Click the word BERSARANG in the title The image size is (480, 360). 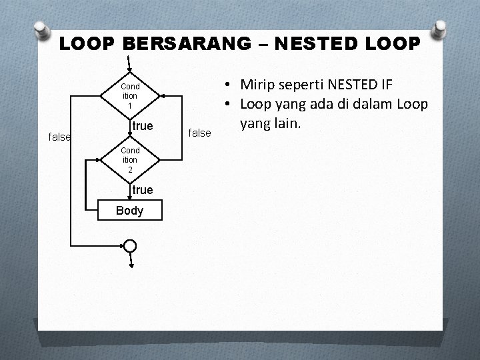183,45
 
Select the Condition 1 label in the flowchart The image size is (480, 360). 130,96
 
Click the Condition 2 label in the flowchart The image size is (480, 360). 130,160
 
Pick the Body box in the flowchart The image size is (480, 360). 129,211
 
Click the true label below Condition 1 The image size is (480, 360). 143,126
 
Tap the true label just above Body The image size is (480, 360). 143,190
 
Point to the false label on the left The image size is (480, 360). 61,137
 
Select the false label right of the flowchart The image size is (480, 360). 200,133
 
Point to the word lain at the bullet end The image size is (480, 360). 289,124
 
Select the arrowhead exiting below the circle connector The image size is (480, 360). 130,265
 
